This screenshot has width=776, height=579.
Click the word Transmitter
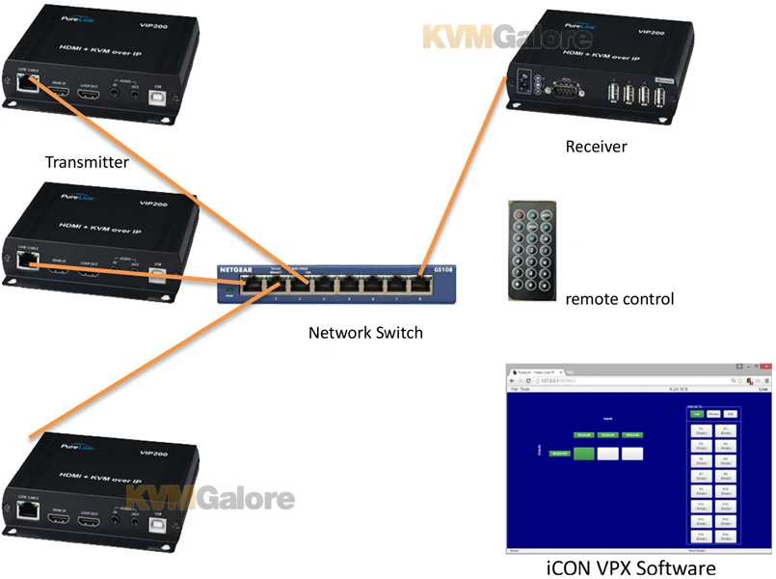[86, 162]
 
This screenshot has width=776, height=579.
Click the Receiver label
[596, 147]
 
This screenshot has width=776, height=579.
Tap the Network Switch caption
[365, 333]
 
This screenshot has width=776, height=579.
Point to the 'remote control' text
[620, 299]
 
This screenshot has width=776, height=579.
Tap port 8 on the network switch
[421, 284]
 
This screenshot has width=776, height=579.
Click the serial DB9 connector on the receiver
[565, 93]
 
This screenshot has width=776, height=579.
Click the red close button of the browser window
[766, 371]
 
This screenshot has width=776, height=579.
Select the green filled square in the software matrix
[583, 453]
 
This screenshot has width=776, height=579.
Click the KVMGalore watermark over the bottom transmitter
[211, 499]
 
